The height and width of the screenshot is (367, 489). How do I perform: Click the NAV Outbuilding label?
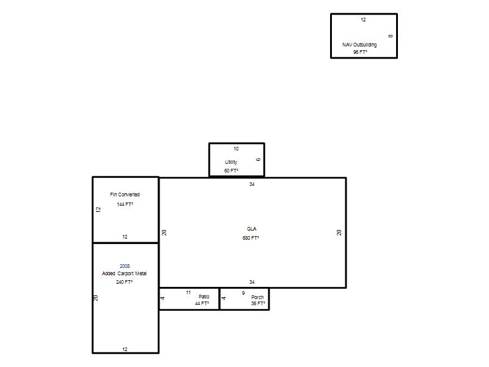(x=359, y=45)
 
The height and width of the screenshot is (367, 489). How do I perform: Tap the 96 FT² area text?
(x=360, y=52)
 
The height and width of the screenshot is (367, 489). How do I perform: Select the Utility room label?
(x=231, y=162)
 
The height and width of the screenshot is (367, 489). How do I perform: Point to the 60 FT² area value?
(x=231, y=171)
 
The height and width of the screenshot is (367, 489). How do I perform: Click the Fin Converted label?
(x=125, y=195)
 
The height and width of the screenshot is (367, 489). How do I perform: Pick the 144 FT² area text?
(x=125, y=204)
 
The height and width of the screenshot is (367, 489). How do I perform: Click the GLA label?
(x=252, y=229)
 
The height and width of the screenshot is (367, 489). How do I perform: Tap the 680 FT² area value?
(x=251, y=238)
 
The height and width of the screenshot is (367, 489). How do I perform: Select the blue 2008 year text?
(x=125, y=266)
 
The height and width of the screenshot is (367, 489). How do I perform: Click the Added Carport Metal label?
(x=124, y=273)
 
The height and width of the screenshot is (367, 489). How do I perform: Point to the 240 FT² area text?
(x=125, y=282)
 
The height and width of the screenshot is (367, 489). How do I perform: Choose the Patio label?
(x=204, y=297)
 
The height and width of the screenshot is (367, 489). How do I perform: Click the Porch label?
(x=257, y=297)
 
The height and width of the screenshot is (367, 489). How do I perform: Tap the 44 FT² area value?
(x=202, y=303)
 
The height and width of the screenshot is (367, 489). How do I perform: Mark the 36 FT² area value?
(x=258, y=303)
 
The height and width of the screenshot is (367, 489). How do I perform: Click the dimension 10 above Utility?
(x=236, y=149)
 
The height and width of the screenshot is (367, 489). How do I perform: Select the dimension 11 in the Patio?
(x=188, y=293)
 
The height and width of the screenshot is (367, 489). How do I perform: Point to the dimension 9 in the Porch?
(x=243, y=294)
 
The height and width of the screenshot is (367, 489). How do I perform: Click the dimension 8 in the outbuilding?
(x=391, y=36)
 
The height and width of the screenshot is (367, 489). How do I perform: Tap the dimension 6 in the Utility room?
(x=258, y=160)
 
